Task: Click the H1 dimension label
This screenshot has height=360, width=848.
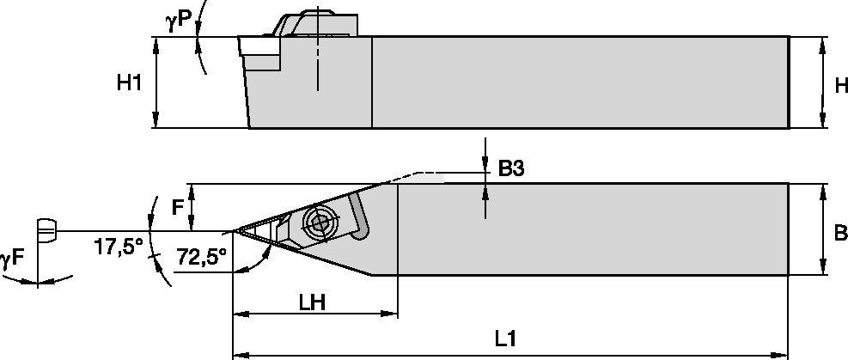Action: point(130,82)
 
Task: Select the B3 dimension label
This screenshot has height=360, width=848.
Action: point(511,169)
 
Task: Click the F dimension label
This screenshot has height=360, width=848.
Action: point(178,207)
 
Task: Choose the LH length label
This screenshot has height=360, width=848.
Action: point(311,302)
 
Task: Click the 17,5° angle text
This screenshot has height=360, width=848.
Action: point(117,247)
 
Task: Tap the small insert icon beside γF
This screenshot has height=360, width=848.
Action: point(47,230)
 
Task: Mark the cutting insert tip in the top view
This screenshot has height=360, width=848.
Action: point(235,230)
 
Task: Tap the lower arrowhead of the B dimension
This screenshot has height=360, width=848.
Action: point(824,270)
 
